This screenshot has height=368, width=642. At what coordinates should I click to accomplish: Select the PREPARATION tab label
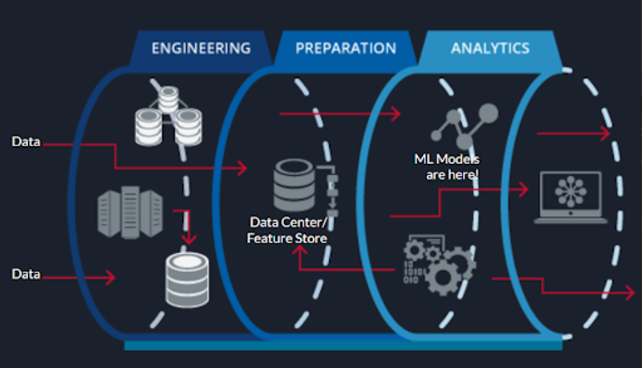[x=345, y=47]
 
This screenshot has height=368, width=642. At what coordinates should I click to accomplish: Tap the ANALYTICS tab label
[x=490, y=47]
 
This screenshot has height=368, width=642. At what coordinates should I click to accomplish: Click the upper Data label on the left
[x=26, y=142]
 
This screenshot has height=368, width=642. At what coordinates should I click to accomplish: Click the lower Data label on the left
[x=26, y=274]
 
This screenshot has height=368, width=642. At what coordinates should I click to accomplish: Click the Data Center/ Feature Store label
[x=288, y=230]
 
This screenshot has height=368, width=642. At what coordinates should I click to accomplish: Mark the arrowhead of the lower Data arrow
[x=110, y=277]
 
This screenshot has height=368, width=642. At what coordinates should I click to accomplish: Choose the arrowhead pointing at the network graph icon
[x=395, y=114]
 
